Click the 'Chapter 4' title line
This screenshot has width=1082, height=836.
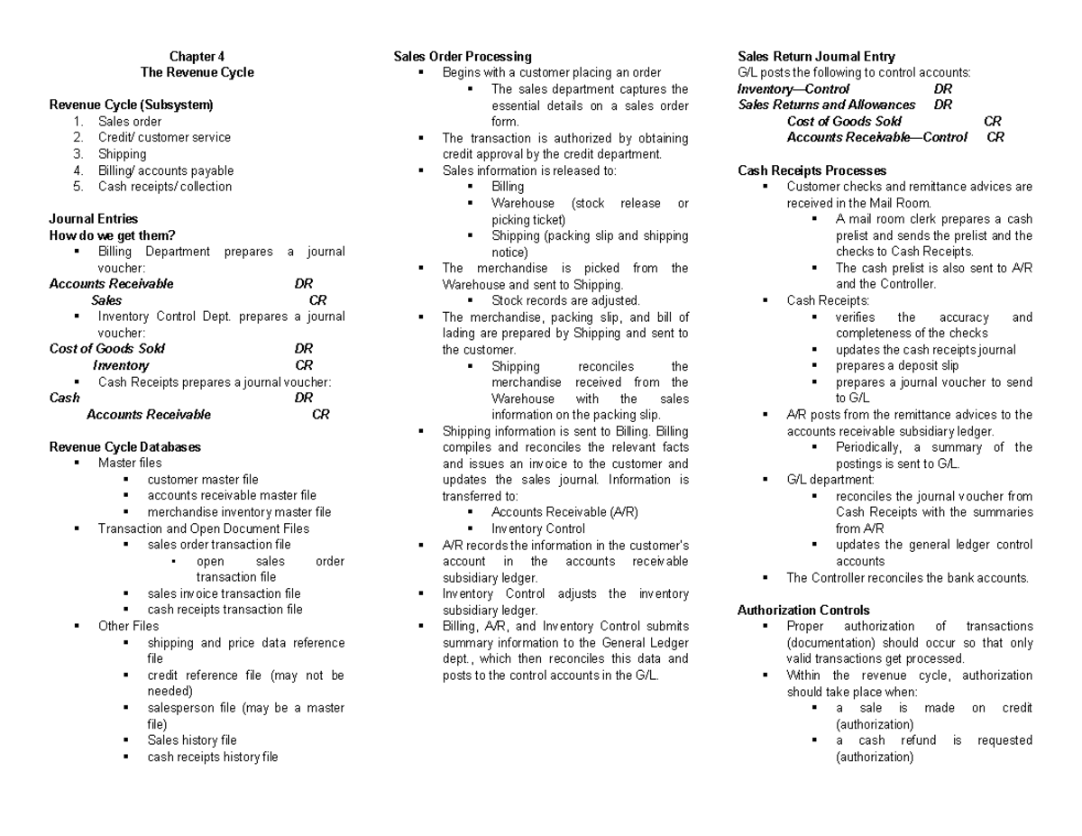pos(197,56)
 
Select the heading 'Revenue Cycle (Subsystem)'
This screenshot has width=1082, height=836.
pos(131,105)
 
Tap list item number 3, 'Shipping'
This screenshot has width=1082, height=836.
pos(122,154)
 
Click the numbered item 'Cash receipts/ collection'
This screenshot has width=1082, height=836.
pos(165,187)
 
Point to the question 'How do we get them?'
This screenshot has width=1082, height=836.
pos(112,235)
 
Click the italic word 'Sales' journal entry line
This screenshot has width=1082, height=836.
pos(106,300)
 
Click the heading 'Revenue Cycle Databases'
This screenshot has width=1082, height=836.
pos(124,446)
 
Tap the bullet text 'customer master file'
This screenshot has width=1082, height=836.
pos(203,480)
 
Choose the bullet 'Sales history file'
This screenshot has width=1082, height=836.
pos(192,740)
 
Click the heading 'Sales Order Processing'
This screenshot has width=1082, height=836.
pos(463,56)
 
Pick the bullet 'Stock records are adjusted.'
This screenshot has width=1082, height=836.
pos(565,300)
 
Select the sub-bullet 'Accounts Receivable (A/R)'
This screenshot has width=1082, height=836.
pos(564,512)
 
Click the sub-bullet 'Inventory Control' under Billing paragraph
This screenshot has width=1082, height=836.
pos(538,528)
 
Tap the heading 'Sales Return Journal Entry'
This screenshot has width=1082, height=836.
pos(816,56)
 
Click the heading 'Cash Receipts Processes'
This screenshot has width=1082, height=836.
pos(811,170)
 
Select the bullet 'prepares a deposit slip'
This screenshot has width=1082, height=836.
pos(897,365)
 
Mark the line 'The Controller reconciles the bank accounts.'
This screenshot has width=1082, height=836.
pos(907,577)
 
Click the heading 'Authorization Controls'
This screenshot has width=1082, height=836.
pos(803,610)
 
